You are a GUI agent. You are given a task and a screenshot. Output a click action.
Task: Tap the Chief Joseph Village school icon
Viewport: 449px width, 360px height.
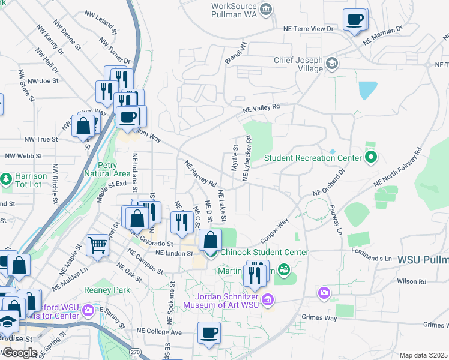(x=332, y=63)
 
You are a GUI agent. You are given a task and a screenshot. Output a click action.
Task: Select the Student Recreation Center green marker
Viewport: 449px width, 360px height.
(x=370, y=158)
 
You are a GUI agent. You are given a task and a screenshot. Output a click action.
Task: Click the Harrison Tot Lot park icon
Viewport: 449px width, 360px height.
(x=6, y=179)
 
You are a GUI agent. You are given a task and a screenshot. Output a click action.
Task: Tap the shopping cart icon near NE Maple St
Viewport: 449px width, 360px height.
(x=97, y=244)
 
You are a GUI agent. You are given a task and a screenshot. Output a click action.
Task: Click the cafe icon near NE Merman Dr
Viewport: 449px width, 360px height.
(x=355, y=19)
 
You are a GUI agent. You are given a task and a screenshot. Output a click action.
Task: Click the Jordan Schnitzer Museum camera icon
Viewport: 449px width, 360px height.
(x=268, y=299)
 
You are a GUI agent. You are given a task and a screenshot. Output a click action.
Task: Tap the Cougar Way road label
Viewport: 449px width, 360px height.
(x=274, y=229)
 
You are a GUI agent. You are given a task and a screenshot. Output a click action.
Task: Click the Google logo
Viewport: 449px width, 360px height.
(x=19, y=353)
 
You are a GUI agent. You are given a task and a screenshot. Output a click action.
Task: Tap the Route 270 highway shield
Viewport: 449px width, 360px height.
(x=136, y=353)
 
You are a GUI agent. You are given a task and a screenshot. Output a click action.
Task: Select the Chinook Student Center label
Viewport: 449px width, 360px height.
(x=264, y=253)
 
